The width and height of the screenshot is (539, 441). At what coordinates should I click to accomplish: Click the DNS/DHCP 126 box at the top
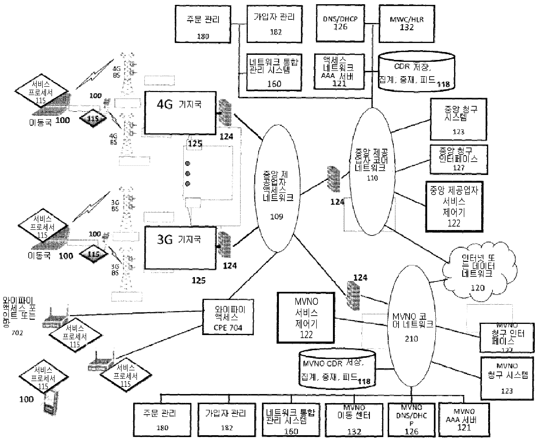340,23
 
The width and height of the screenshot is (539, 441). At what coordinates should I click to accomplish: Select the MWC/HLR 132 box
407,24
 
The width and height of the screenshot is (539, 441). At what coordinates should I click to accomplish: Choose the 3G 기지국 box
180,248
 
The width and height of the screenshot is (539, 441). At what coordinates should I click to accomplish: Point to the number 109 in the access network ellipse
277,217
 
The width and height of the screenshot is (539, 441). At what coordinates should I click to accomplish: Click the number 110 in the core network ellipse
372,178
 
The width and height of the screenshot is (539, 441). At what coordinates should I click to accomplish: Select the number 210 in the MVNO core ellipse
411,339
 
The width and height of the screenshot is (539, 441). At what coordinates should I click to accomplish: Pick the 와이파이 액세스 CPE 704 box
228,317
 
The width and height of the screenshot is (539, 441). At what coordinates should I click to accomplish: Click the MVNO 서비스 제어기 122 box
306,318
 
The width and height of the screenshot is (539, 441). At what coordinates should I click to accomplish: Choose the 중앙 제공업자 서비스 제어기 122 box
454,207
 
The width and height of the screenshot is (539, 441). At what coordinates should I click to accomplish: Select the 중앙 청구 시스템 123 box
458,119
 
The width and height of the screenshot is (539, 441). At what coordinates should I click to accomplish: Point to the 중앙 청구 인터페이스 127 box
458,160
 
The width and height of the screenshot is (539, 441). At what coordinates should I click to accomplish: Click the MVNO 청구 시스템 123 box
507,378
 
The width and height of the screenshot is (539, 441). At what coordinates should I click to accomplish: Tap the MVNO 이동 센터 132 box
354,420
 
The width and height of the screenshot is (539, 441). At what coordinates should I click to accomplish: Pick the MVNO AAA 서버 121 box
464,420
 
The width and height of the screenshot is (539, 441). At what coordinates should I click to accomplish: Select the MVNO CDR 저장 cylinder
337,369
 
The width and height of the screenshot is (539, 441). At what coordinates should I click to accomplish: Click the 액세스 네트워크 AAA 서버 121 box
339,72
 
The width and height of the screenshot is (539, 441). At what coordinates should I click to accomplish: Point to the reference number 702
17,332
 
